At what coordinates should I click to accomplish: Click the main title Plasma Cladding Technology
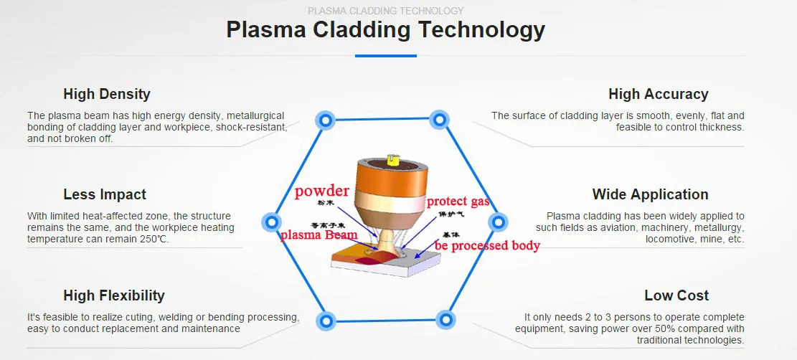[x=385, y=30]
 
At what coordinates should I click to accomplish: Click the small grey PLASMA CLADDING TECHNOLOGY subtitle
[x=385, y=11]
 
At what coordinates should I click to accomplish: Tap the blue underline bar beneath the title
[x=385, y=55]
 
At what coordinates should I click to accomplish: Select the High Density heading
[x=107, y=94]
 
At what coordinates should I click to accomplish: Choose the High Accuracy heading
[x=658, y=94]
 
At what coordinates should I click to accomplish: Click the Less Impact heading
[x=105, y=194]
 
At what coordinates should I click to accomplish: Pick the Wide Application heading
[x=650, y=194]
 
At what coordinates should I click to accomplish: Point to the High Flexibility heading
[x=114, y=295]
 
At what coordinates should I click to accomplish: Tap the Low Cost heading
[x=676, y=295]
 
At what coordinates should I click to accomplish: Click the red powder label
[x=321, y=191]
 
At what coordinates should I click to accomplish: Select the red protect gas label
[x=458, y=202]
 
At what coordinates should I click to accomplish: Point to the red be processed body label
[x=486, y=246]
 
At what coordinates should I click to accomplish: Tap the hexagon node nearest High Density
[x=325, y=120]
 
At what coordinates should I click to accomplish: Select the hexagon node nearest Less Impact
[x=270, y=222]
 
